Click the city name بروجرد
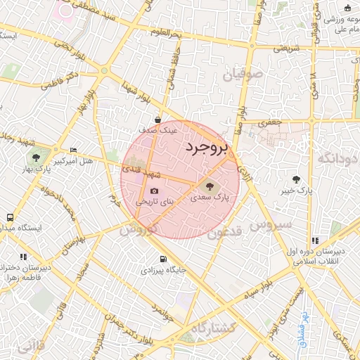tap(207, 147)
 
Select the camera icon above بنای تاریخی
tap(154, 191)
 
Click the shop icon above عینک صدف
tap(158, 119)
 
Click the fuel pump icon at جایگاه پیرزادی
tap(163, 259)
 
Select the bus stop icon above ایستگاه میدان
tap(10, 218)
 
